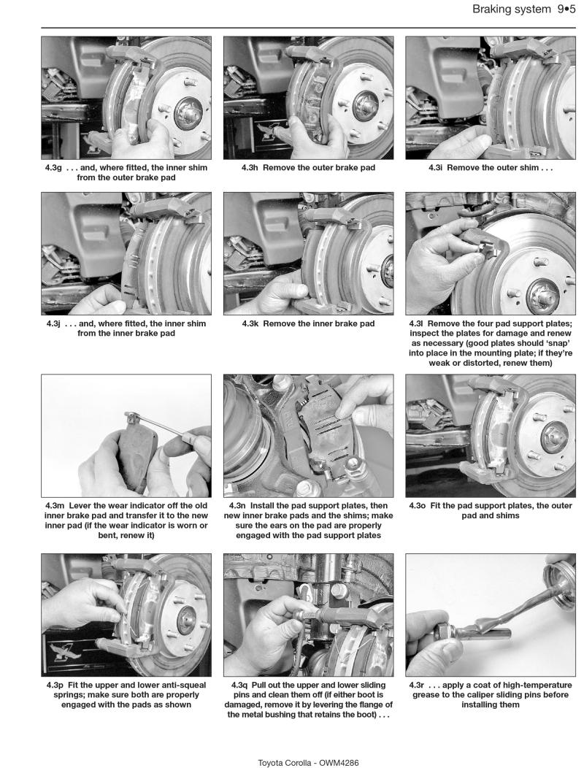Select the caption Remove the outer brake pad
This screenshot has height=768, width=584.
(318, 167)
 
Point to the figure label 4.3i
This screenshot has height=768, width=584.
(441, 167)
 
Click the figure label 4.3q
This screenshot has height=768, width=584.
(246, 686)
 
